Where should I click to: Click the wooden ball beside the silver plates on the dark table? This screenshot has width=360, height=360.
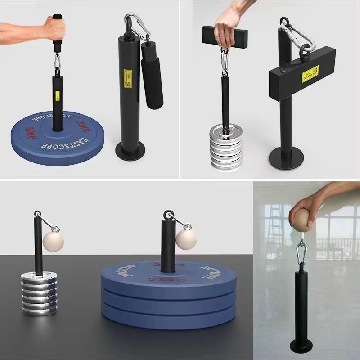(54, 241)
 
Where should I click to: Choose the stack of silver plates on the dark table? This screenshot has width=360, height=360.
(40, 292)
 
